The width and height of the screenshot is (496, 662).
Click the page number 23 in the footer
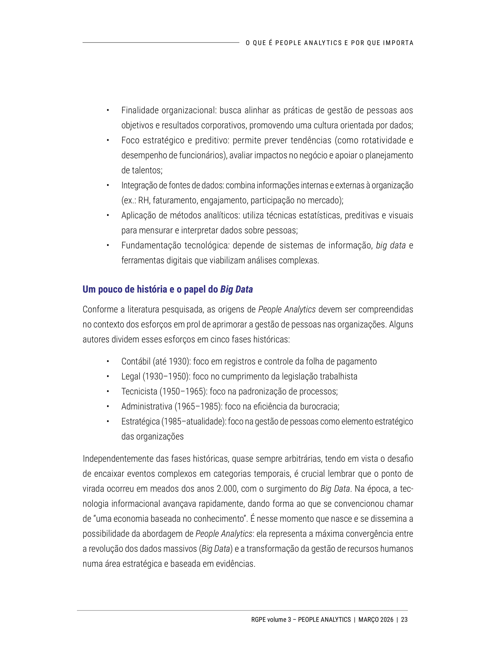pyautogui.click(x=404, y=620)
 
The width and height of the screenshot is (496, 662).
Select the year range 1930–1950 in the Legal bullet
pyautogui.click(x=166, y=376)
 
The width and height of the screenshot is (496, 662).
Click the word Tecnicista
pyautogui.click(x=139, y=391)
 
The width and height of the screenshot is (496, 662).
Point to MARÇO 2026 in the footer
pyautogui.click(x=376, y=620)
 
